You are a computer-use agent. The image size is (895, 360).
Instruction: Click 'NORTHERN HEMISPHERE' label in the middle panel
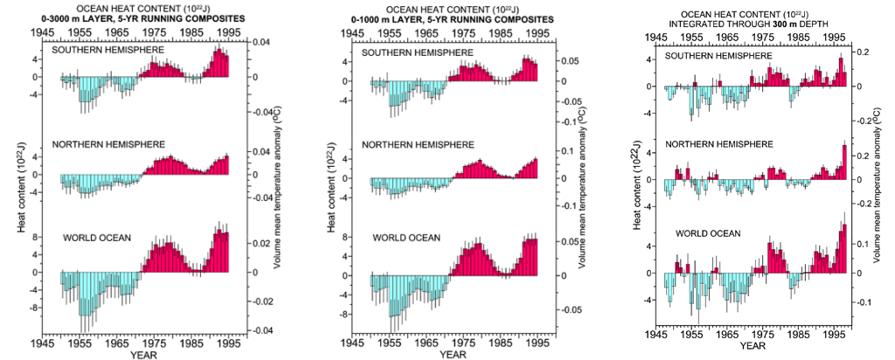click(x=420, y=144)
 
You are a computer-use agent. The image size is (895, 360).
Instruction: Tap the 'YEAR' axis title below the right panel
click(x=752, y=346)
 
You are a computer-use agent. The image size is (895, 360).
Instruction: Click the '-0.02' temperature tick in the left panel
click(x=262, y=301)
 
